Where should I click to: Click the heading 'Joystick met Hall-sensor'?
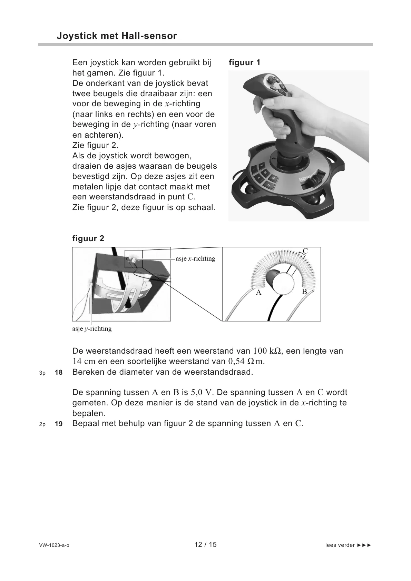click(x=117, y=36)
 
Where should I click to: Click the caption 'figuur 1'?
click(x=244, y=63)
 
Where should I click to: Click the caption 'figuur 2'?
click(x=88, y=238)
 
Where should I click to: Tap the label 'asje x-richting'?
click(x=195, y=259)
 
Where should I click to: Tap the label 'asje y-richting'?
click(x=92, y=329)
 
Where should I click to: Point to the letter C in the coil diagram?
click(x=305, y=251)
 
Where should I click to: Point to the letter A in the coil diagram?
click(x=258, y=293)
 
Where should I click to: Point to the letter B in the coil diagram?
click(x=304, y=292)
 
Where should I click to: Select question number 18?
click(x=59, y=373)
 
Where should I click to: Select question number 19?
click(x=59, y=424)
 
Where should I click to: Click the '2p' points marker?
click(x=42, y=424)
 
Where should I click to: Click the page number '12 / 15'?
click(x=205, y=544)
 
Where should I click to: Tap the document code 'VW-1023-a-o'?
click(x=54, y=545)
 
